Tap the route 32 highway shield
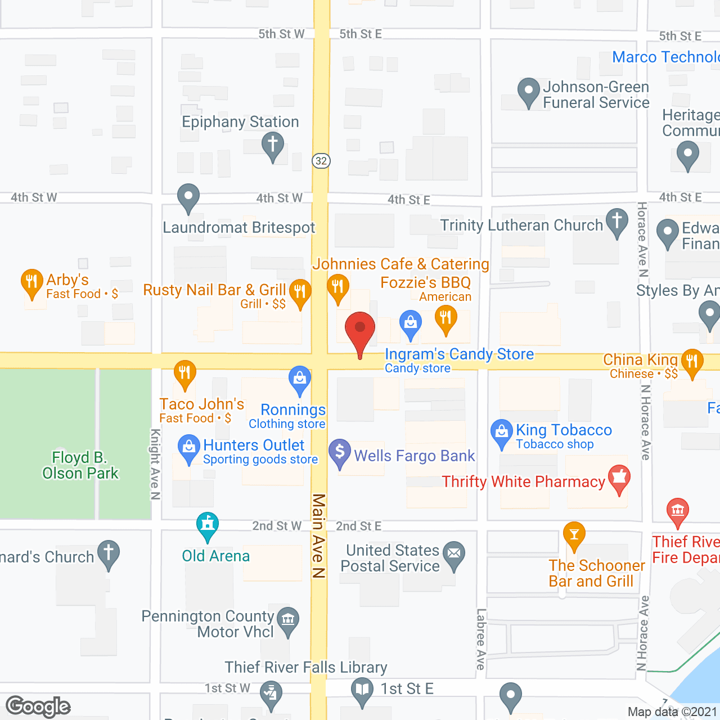point(321,161)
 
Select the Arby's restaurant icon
point(31,281)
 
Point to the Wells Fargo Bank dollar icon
point(340,452)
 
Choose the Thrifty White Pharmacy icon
point(619,478)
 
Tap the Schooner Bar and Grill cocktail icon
point(574,534)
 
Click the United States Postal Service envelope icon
point(454,553)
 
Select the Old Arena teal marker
point(208,525)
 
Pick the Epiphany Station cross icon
point(273,144)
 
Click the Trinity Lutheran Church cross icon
point(617,220)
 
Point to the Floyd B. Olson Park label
point(80,465)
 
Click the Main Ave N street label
point(319,535)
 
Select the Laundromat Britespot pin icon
point(188,197)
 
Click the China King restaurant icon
point(692,361)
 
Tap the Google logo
point(38,706)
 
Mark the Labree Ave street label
point(481,639)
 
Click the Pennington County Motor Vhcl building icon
point(288,621)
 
